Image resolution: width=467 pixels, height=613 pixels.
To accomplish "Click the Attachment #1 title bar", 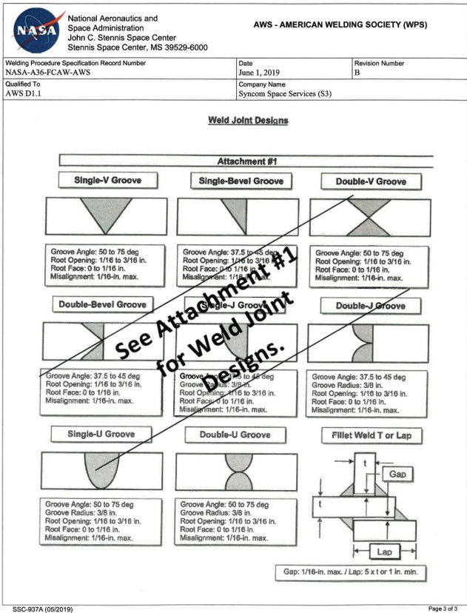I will point(244,160).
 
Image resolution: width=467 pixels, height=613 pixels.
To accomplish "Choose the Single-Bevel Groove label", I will point(242,181).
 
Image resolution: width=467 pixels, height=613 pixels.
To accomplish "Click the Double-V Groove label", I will point(370,181).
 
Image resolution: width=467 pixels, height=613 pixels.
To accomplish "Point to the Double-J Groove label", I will point(370,305).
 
